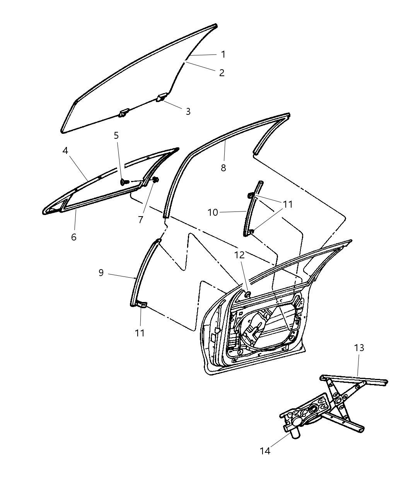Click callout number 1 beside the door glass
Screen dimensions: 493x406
(x=223, y=55)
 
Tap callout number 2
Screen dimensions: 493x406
(x=222, y=73)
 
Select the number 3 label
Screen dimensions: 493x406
(x=188, y=111)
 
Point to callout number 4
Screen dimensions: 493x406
(x=65, y=150)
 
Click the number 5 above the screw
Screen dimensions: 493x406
(x=116, y=135)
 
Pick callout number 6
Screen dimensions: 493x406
(x=73, y=237)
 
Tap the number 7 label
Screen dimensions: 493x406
(x=141, y=220)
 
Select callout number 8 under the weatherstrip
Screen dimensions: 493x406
(x=223, y=168)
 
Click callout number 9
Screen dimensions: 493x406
(x=101, y=273)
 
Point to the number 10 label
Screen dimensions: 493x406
(x=213, y=212)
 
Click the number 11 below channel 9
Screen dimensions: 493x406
(x=140, y=333)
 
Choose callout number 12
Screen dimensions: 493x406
(x=239, y=255)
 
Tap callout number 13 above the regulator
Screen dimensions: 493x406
(x=359, y=348)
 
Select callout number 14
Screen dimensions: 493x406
(x=265, y=450)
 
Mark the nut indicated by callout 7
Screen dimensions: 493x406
(x=156, y=179)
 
